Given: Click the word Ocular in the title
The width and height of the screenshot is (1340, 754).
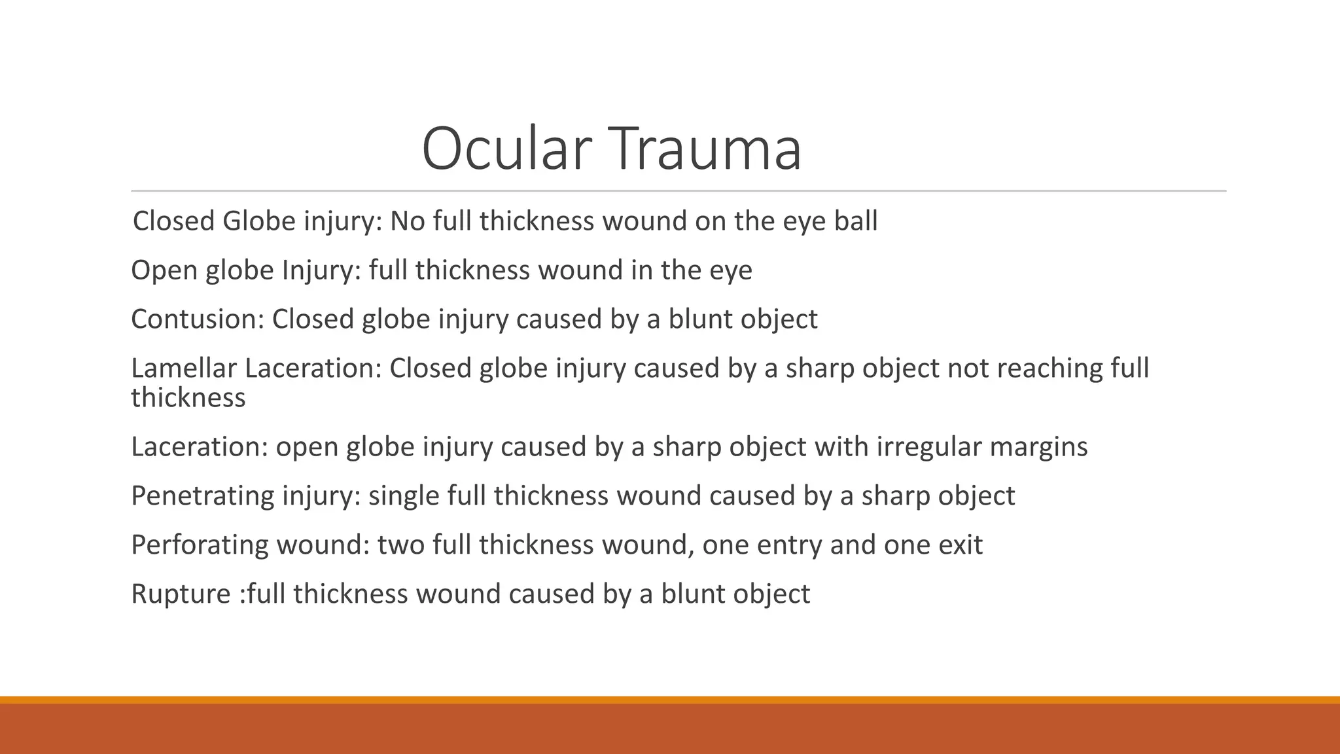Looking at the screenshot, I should click(x=507, y=149).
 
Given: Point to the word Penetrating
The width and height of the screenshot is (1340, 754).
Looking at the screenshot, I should click(x=202, y=496).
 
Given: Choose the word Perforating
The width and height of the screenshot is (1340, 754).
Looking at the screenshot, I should click(x=200, y=545).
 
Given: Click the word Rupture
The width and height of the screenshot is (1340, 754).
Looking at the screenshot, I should click(x=181, y=594).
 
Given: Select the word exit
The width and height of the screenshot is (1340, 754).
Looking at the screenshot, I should click(x=959, y=545).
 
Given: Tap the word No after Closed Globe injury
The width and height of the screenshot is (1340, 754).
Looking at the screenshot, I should click(x=408, y=221).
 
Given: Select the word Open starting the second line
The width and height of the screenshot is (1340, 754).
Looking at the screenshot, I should click(x=164, y=271).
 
